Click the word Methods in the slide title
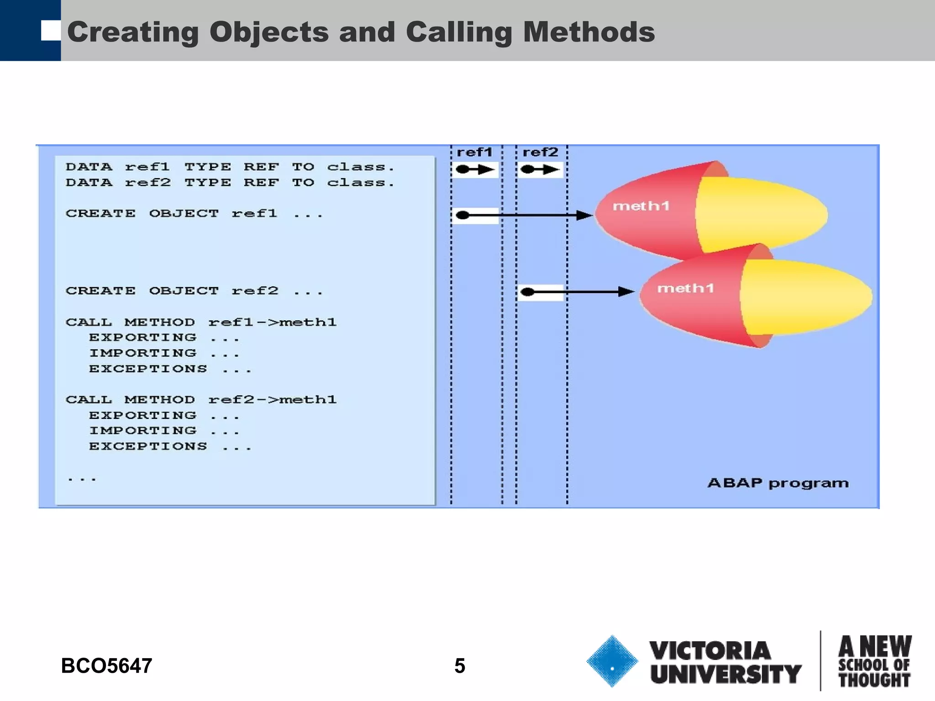click(588, 32)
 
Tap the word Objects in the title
click(269, 32)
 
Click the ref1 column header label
click(474, 152)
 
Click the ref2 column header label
click(540, 152)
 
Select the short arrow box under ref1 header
click(475, 170)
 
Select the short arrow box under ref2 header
click(540, 170)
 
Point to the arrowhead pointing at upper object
click(584, 215)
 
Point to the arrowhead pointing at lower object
click(626, 292)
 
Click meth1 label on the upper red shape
click(641, 206)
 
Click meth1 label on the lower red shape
click(685, 288)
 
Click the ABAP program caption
click(777, 483)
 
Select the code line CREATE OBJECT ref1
click(194, 214)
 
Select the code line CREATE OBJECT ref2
click(194, 291)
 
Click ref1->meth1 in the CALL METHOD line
click(273, 322)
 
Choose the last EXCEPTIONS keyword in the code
click(148, 446)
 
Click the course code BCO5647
click(106, 666)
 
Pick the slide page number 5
click(460, 666)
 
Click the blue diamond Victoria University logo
click(612, 661)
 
